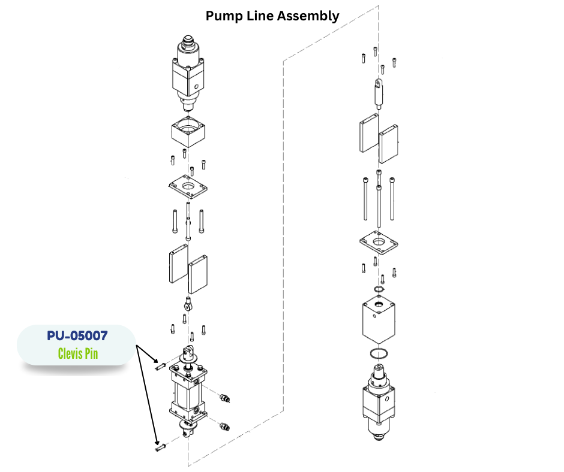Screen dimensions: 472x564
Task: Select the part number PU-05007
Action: [x=77, y=336]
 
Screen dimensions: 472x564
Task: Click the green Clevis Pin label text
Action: [x=77, y=353]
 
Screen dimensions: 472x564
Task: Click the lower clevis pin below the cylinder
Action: [x=159, y=447]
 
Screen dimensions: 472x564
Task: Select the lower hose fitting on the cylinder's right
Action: [x=224, y=426]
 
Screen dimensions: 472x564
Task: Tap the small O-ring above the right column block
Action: [x=379, y=291]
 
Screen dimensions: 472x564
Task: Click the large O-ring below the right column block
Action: [x=379, y=353]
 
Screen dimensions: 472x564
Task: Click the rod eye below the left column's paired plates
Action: [x=189, y=304]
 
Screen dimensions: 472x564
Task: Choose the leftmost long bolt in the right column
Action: [x=365, y=200]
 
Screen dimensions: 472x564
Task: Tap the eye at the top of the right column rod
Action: [x=379, y=83]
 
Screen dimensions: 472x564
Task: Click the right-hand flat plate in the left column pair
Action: [x=198, y=274]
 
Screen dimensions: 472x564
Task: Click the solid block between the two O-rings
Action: [x=379, y=320]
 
